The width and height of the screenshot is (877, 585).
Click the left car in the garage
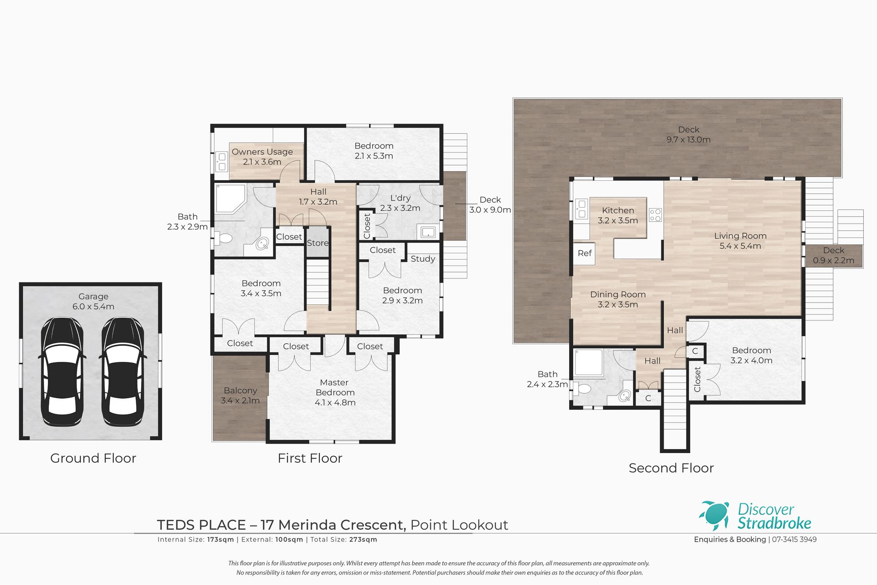click(x=63, y=372)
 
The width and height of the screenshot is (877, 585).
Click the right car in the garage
click(x=122, y=372)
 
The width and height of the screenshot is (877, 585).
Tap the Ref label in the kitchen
click(x=585, y=253)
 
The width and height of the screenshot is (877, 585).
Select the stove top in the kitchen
click(x=655, y=215)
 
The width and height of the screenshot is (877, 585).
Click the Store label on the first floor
click(x=317, y=243)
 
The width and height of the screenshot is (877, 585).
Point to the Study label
click(x=423, y=259)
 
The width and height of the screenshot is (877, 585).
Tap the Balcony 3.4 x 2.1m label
click(x=240, y=396)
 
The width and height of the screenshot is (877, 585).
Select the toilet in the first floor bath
click(x=223, y=238)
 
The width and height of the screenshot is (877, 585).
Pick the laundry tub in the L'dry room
click(x=428, y=232)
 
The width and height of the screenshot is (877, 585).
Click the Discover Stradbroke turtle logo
click(x=714, y=516)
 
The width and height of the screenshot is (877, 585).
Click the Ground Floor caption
click(x=93, y=458)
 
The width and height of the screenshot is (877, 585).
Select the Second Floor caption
click(x=671, y=468)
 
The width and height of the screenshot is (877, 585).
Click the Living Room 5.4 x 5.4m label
click(x=740, y=241)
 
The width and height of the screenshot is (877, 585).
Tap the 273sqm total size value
click(x=362, y=539)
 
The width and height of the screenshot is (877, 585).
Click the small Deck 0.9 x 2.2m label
click(x=834, y=256)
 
